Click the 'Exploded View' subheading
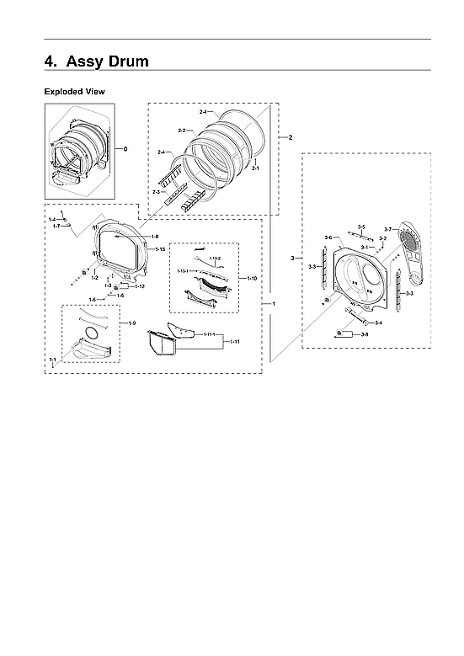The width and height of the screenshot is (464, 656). (74, 91)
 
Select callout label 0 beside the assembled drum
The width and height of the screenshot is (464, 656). (125, 149)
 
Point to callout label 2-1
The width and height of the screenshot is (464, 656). (255, 168)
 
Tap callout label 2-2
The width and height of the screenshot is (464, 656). (182, 131)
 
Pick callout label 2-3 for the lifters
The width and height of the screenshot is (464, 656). (157, 193)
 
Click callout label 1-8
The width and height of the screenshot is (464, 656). (155, 237)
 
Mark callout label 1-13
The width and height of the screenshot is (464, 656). (160, 249)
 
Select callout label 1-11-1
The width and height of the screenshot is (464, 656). (211, 336)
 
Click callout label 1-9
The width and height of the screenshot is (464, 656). (131, 324)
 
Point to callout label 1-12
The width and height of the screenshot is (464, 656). (140, 286)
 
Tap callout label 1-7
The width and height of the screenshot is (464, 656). (56, 226)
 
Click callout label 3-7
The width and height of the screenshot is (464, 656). (387, 229)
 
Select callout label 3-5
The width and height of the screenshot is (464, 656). (360, 227)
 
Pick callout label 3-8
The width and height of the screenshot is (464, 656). (364, 335)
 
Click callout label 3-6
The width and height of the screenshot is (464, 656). (328, 237)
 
